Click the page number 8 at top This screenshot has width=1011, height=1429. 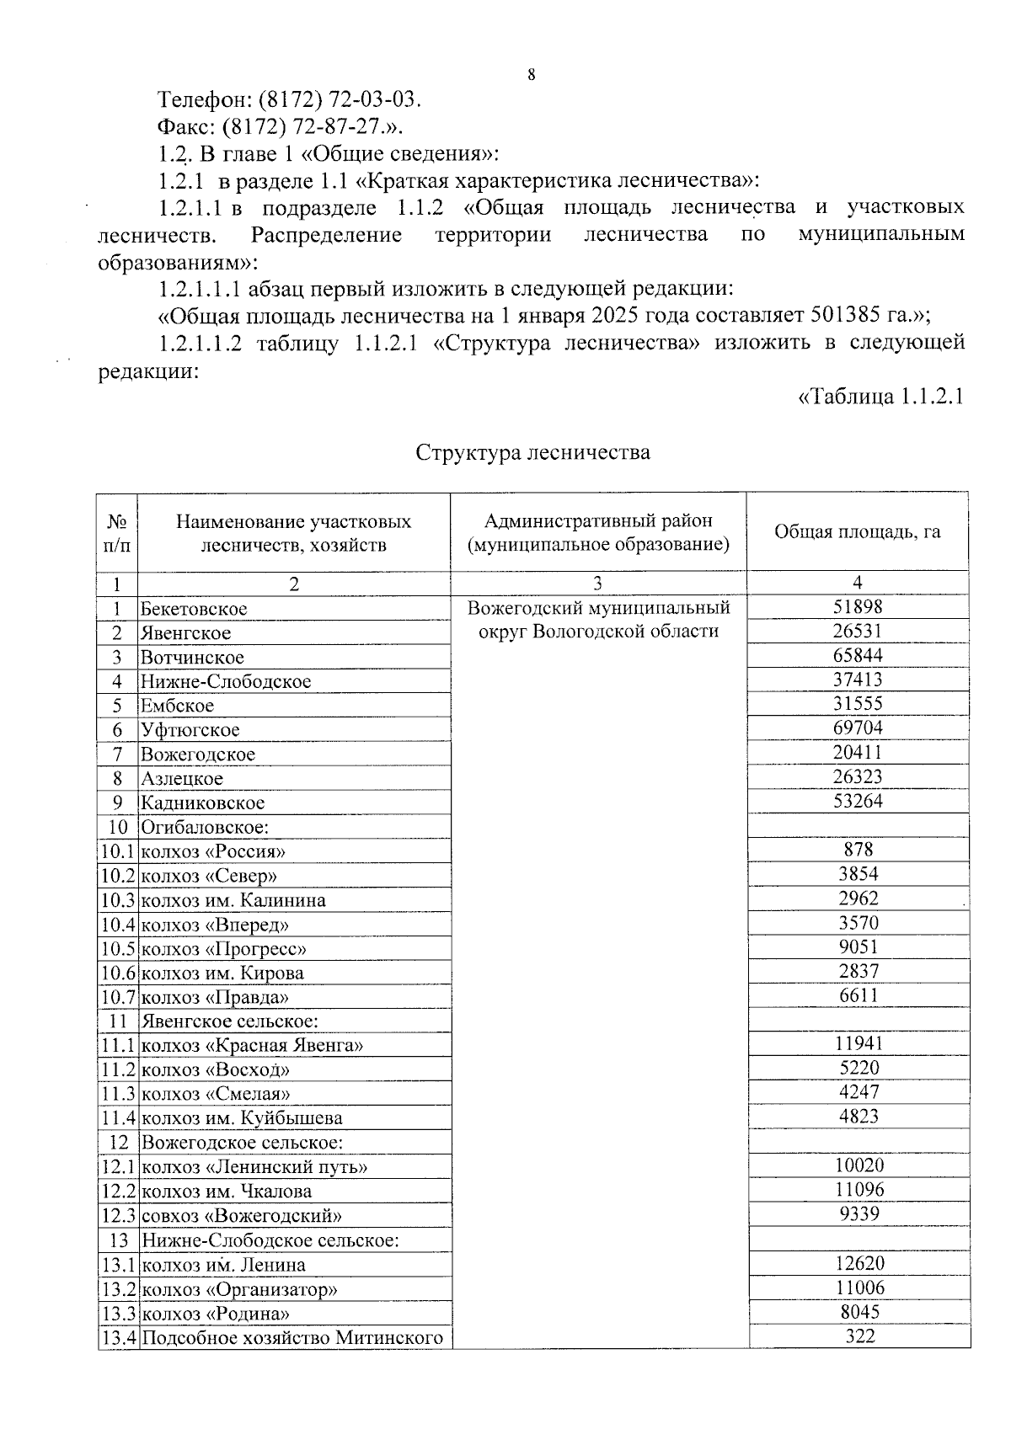tap(531, 75)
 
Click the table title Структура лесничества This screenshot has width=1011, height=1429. tap(532, 452)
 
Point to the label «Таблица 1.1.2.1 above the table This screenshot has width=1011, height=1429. tap(880, 397)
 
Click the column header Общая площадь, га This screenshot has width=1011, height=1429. tap(857, 531)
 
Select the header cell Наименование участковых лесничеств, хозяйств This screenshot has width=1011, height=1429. tap(293, 532)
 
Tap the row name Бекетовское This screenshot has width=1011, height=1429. tap(194, 609)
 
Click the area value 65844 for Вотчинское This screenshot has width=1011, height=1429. tap(858, 655)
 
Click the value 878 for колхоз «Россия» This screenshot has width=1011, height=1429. tap(858, 850)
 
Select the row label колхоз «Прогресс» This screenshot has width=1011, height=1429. tap(223, 949)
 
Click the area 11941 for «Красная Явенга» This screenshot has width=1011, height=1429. tap(858, 1044)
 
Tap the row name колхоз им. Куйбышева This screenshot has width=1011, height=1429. tap(241, 1118)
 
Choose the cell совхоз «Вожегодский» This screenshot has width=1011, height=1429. tap(241, 1216)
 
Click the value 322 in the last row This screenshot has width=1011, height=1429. tap(859, 1336)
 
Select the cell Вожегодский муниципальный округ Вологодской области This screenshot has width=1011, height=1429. tap(598, 619)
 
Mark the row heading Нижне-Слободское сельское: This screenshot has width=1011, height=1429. tap(270, 1240)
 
